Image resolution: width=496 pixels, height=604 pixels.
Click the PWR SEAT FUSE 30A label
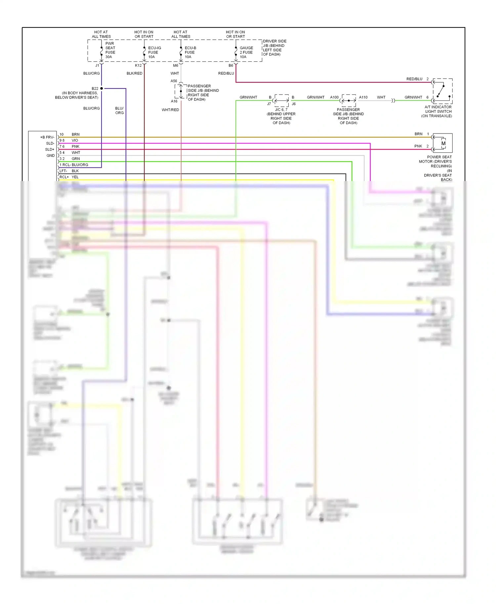pyautogui.click(x=110, y=50)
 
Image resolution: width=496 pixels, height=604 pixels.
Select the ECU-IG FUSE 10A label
pyautogui.click(x=154, y=53)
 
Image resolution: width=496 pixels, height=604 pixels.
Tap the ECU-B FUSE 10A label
pyautogui.click(x=190, y=53)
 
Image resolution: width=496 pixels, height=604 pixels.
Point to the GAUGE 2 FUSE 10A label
pyautogui.click(x=246, y=53)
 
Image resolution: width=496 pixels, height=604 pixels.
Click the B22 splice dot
pyautogui.click(x=102, y=89)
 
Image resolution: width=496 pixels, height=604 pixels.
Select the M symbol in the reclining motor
pyautogui.click(x=443, y=143)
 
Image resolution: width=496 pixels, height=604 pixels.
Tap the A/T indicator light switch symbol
pyautogui.click(x=442, y=91)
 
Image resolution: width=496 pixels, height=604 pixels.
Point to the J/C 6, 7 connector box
pyautogui.click(x=281, y=100)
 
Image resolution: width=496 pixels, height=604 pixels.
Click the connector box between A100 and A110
pyautogui.click(x=349, y=100)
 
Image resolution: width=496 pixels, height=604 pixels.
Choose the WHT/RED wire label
pyautogui.click(x=170, y=110)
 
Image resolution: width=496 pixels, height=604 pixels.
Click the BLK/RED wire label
pyautogui.click(x=134, y=73)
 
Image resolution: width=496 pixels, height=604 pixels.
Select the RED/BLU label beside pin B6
pyautogui.click(x=226, y=73)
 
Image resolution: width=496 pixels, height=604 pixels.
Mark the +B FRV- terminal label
pyautogui.click(x=47, y=137)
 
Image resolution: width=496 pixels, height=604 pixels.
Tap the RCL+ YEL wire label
pyautogui.click(x=69, y=177)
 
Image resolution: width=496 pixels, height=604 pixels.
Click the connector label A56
pyautogui.click(x=174, y=81)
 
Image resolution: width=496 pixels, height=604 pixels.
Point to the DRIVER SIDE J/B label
pyautogui.click(x=274, y=48)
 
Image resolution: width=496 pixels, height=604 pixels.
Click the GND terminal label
pyautogui.click(x=51, y=156)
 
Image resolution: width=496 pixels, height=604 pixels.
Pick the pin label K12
pyautogui.click(x=138, y=65)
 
